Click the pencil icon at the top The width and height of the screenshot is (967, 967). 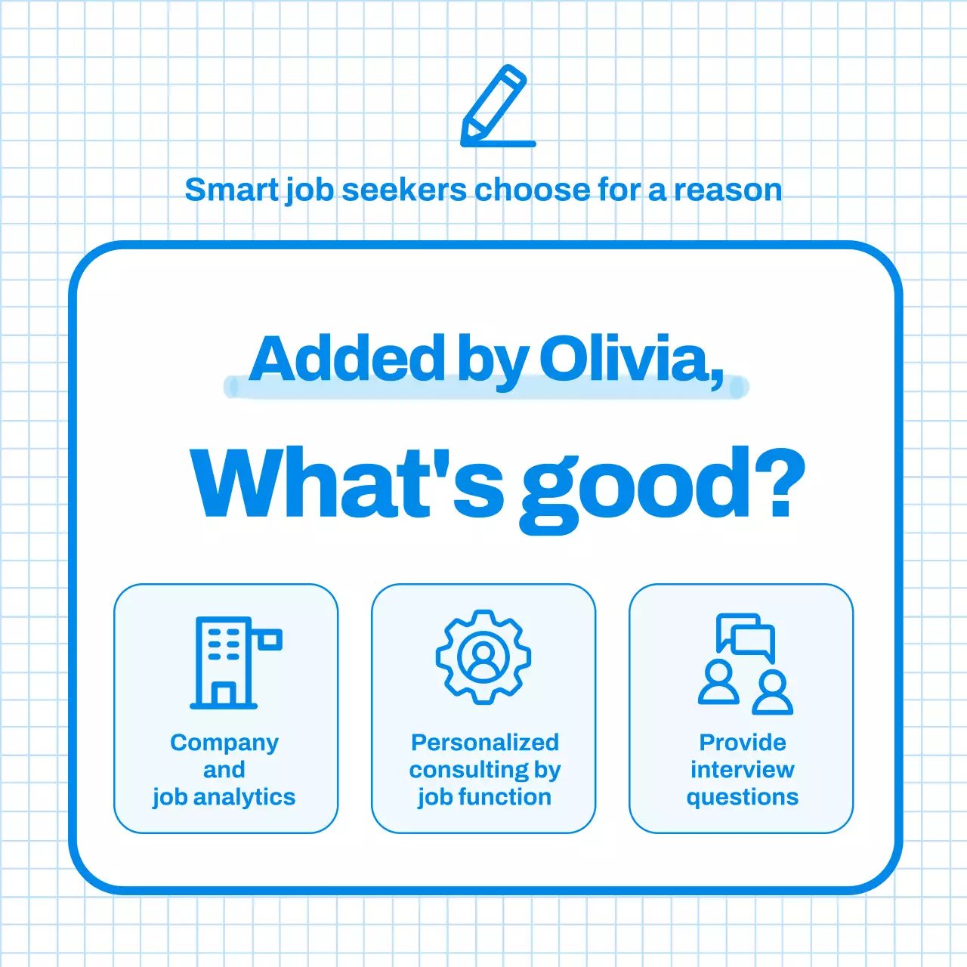(496, 106)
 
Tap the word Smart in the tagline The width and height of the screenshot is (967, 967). (231, 190)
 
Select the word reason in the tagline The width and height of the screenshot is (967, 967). (728, 190)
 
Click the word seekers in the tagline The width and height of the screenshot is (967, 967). (404, 190)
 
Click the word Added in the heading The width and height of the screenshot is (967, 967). (348, 360)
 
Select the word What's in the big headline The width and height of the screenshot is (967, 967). (347, 483)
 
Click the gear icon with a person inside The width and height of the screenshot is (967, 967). (483, 657)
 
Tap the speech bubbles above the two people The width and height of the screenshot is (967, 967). (746, 635)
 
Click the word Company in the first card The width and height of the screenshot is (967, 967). (224, 743)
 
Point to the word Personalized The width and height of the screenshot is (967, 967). (484, 743)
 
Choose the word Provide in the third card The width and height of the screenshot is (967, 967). (742, 743)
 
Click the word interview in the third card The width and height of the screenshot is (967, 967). (742, 770)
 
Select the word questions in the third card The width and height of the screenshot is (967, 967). (742, 798)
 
